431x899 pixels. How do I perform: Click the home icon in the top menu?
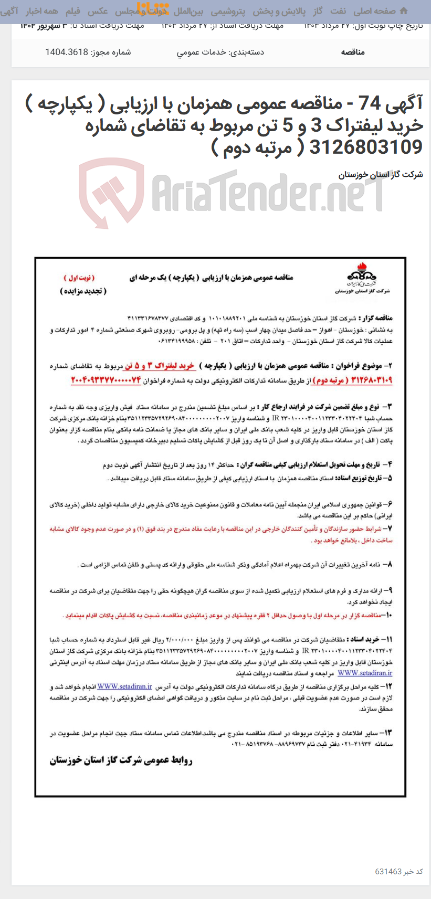[x=403, y=10]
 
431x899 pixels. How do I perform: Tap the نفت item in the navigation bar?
[x=338, y=10]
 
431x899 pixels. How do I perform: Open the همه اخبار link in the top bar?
[x=42, y=10]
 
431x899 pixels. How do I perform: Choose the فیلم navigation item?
[x=73, y=10]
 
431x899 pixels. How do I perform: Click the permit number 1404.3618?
[x=66, y=52]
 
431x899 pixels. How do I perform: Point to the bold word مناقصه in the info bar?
[x=353, y=52]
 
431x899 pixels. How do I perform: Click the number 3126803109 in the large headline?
[x=366, y=147]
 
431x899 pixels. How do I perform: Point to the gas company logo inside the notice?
[x=362, y=278]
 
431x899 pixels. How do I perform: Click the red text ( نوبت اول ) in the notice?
[x=79, y=278]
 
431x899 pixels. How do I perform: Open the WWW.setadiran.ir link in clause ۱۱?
[x=365, y=673]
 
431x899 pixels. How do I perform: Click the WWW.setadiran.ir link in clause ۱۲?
[x=124, y=686]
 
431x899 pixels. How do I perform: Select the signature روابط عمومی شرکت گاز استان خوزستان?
[x=121, y=760]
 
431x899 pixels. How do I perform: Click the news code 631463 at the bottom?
[x=388, y=871]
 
